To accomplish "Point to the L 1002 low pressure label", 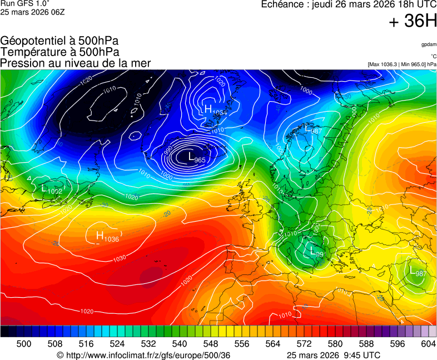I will point(52,189).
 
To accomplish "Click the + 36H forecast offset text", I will point(413,22).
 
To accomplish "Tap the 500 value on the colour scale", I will point(24,344).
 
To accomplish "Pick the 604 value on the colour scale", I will point(428,344).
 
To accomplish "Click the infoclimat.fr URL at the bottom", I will point(143,355).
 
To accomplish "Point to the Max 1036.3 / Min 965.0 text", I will point(402,64).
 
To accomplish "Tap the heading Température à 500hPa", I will point(59,52).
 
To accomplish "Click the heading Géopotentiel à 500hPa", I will point(59,41).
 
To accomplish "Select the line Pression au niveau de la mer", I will point(76,63).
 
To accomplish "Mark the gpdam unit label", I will point(429,44).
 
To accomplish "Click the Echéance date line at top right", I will point(349,4).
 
